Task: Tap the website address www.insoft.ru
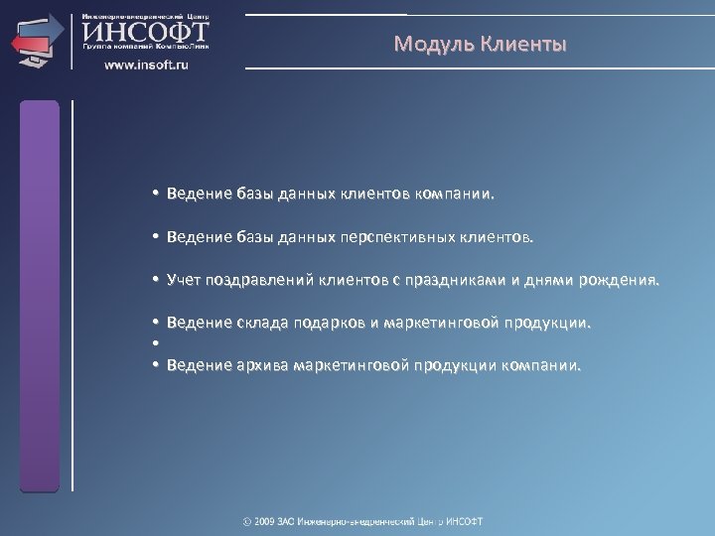(147, 65)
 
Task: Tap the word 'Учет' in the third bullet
(185, 281)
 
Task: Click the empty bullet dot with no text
(157, 344)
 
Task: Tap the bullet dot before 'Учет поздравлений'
(157, 281)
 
